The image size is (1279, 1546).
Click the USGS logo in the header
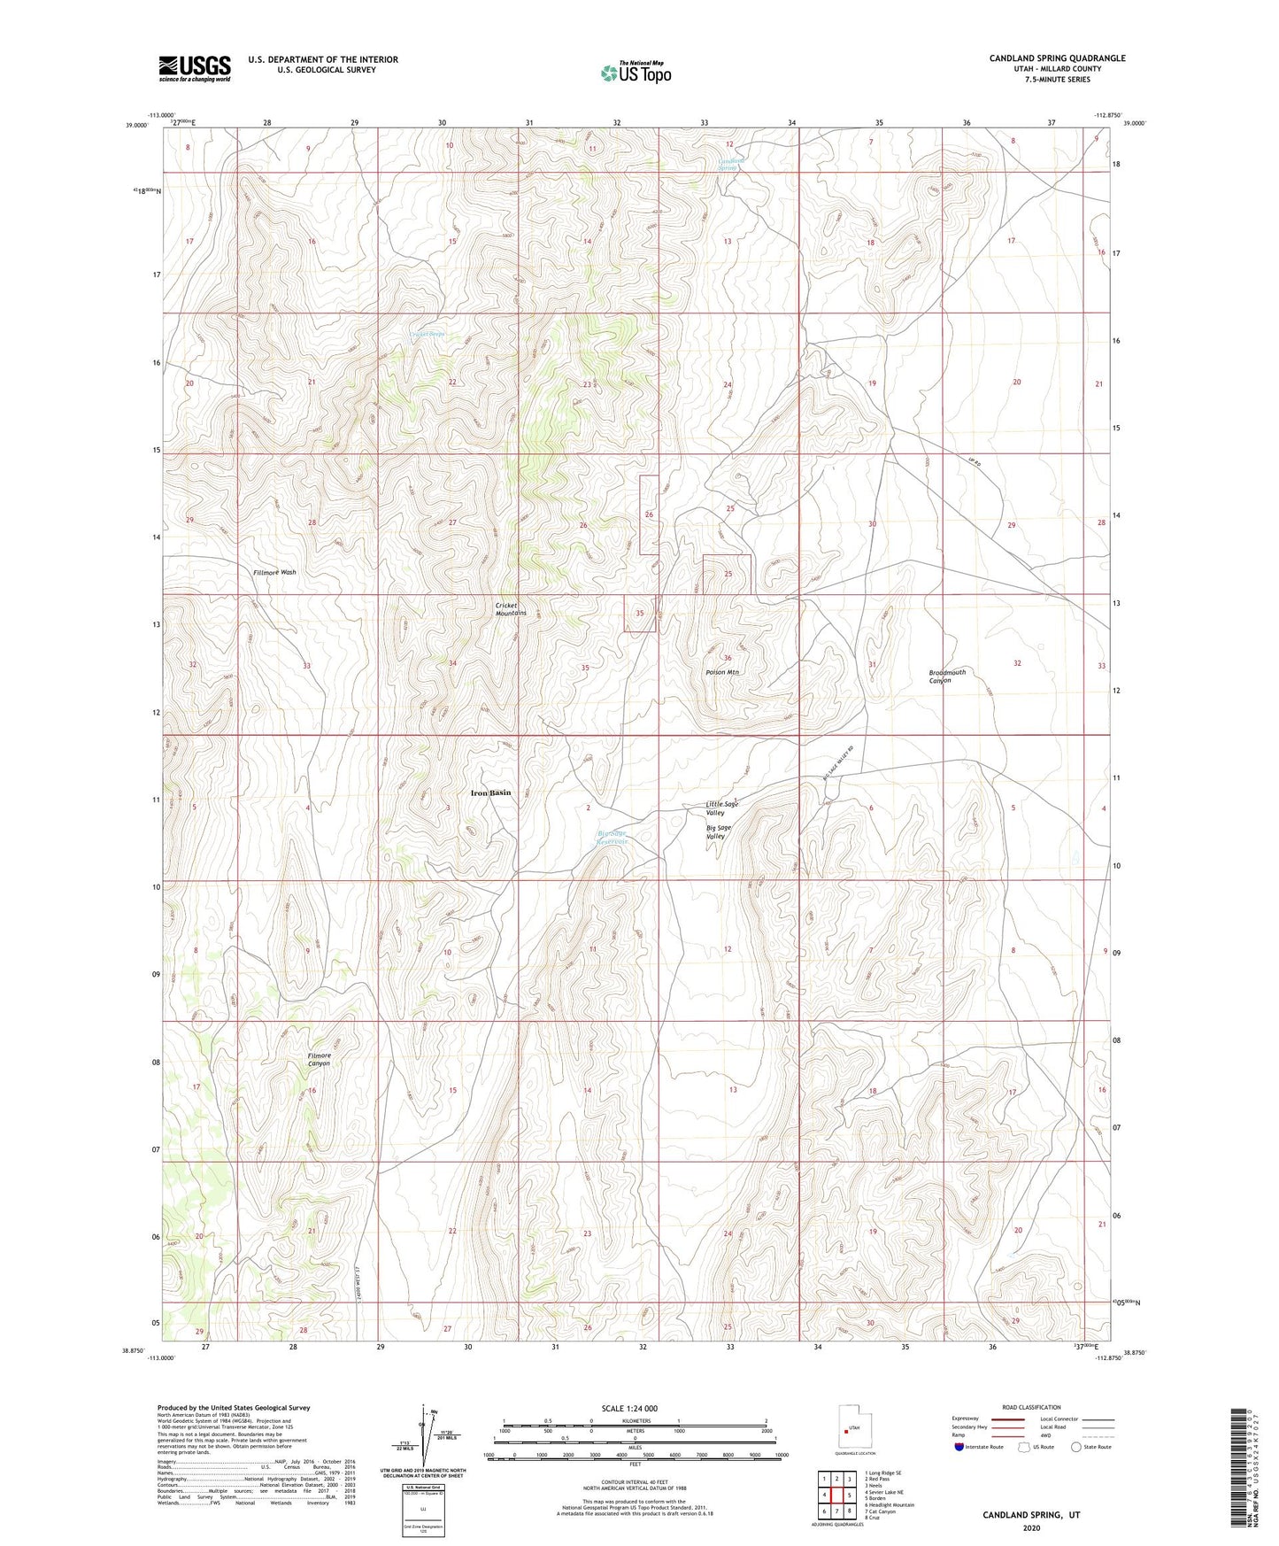[194, 67]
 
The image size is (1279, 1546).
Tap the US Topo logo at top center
[636, 72]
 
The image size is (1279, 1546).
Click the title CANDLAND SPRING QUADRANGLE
[1057, 58]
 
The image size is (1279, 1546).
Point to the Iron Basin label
[490, 792]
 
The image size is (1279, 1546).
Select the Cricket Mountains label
[511, 609]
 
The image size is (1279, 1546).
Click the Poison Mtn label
[722, 672]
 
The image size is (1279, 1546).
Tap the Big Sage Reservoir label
[612, 837]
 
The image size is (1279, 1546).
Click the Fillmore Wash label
[274, 572]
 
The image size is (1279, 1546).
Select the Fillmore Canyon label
[319, 1059]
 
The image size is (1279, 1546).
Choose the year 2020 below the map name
[1030, 1527]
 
